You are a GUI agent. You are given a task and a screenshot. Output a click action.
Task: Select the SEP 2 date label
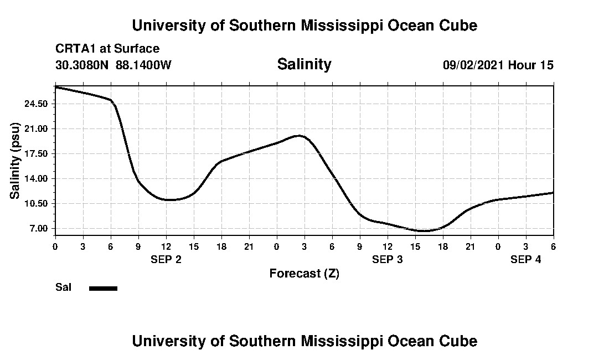click(166, 259)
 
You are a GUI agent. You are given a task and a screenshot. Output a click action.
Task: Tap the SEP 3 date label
click(388, 259)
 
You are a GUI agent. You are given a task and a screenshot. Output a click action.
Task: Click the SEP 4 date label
click(526, 259)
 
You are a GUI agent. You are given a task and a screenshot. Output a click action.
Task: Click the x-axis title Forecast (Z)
click(304, 274)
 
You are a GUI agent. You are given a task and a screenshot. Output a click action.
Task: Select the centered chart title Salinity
click(304, 64)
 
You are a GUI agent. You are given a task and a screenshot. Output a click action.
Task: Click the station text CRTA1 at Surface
click(107, 49)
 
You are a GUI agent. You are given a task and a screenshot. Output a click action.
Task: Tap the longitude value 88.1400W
click(144, 65)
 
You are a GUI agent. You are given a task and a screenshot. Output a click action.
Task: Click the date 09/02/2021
click(473, 65)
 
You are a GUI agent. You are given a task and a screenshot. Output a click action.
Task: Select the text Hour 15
click(531, 65)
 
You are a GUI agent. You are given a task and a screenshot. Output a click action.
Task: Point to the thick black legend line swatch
click(104, 288)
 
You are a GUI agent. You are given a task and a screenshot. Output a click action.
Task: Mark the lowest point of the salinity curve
click(424, 231)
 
